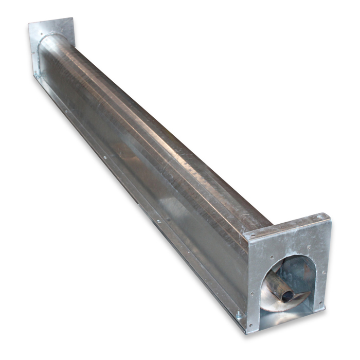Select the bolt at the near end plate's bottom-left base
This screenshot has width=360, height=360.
point(239,315)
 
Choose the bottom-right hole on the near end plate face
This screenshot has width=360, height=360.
point(321,303)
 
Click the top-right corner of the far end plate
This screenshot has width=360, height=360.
point(74,19)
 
